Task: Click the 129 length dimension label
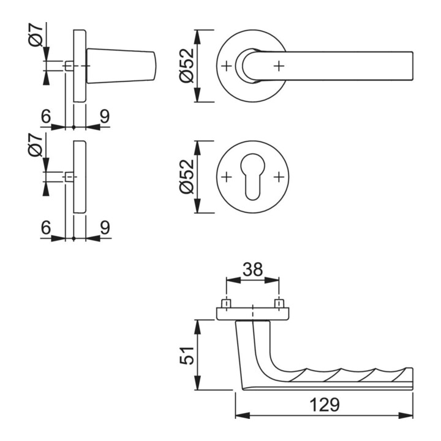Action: click(x=325, y=405)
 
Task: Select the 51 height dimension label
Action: click(x=187, y=356)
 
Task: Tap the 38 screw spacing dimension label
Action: click(x=252, y=269)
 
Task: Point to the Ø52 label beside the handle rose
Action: click(x=187, y=66)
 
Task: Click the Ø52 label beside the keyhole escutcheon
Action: click(x=187, y=176)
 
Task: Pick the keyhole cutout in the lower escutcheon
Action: click(x=252, y=177)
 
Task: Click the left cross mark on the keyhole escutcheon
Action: click(x=227, y=177)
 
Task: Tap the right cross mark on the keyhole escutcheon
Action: click(x=279, y=177)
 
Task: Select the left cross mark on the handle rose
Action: click(x=227, y=66)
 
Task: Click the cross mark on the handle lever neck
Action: click(x=279, y=66)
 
